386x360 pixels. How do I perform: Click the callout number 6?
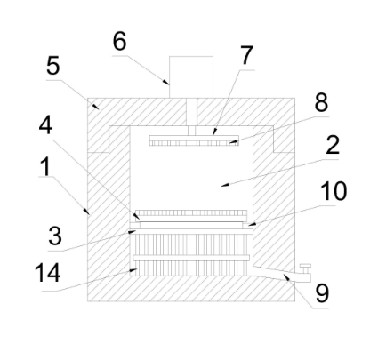coord(120,42)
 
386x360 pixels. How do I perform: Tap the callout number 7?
coord(246,55)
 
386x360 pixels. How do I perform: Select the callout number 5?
coord(53,66)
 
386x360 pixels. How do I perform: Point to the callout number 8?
coord(321,102)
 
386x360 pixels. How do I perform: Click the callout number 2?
coord(333,145)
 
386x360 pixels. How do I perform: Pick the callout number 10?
coord(334,191)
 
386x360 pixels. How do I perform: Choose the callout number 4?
coord(45,125)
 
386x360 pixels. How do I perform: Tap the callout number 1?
coord(45,166)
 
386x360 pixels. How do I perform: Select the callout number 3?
coord(55,236)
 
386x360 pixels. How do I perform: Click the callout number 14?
coord(48,272)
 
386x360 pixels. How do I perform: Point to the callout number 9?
coord(322,293)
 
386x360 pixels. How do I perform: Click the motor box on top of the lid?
coord(191,77)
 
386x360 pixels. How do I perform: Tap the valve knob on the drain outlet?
coord(305,268)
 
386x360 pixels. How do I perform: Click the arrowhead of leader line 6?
coord(167,82)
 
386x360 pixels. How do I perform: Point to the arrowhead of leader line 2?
coord(225,185)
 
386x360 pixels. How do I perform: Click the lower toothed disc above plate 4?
coord(191,212)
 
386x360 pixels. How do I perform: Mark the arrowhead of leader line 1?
coord(86,212)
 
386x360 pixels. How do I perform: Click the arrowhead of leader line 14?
coord(133,270)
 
